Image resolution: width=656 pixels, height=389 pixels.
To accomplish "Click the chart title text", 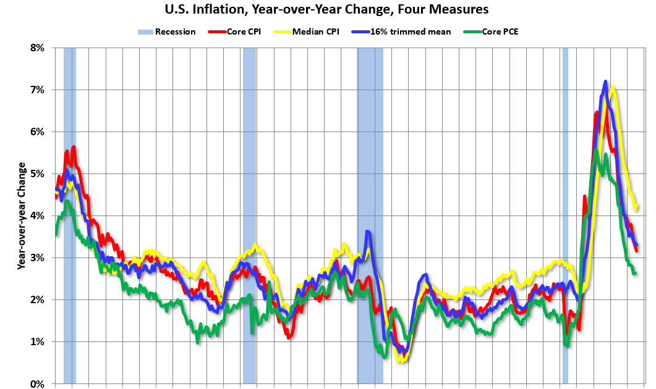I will (328, 9).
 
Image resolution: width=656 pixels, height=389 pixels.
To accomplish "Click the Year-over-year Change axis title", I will (22, 215).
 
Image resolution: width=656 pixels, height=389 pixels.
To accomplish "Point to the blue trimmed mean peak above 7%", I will (605, 82).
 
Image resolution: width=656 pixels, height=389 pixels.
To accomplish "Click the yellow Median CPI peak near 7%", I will (613, 88).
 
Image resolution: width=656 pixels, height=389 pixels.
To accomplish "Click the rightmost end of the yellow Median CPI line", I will (637, 207).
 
